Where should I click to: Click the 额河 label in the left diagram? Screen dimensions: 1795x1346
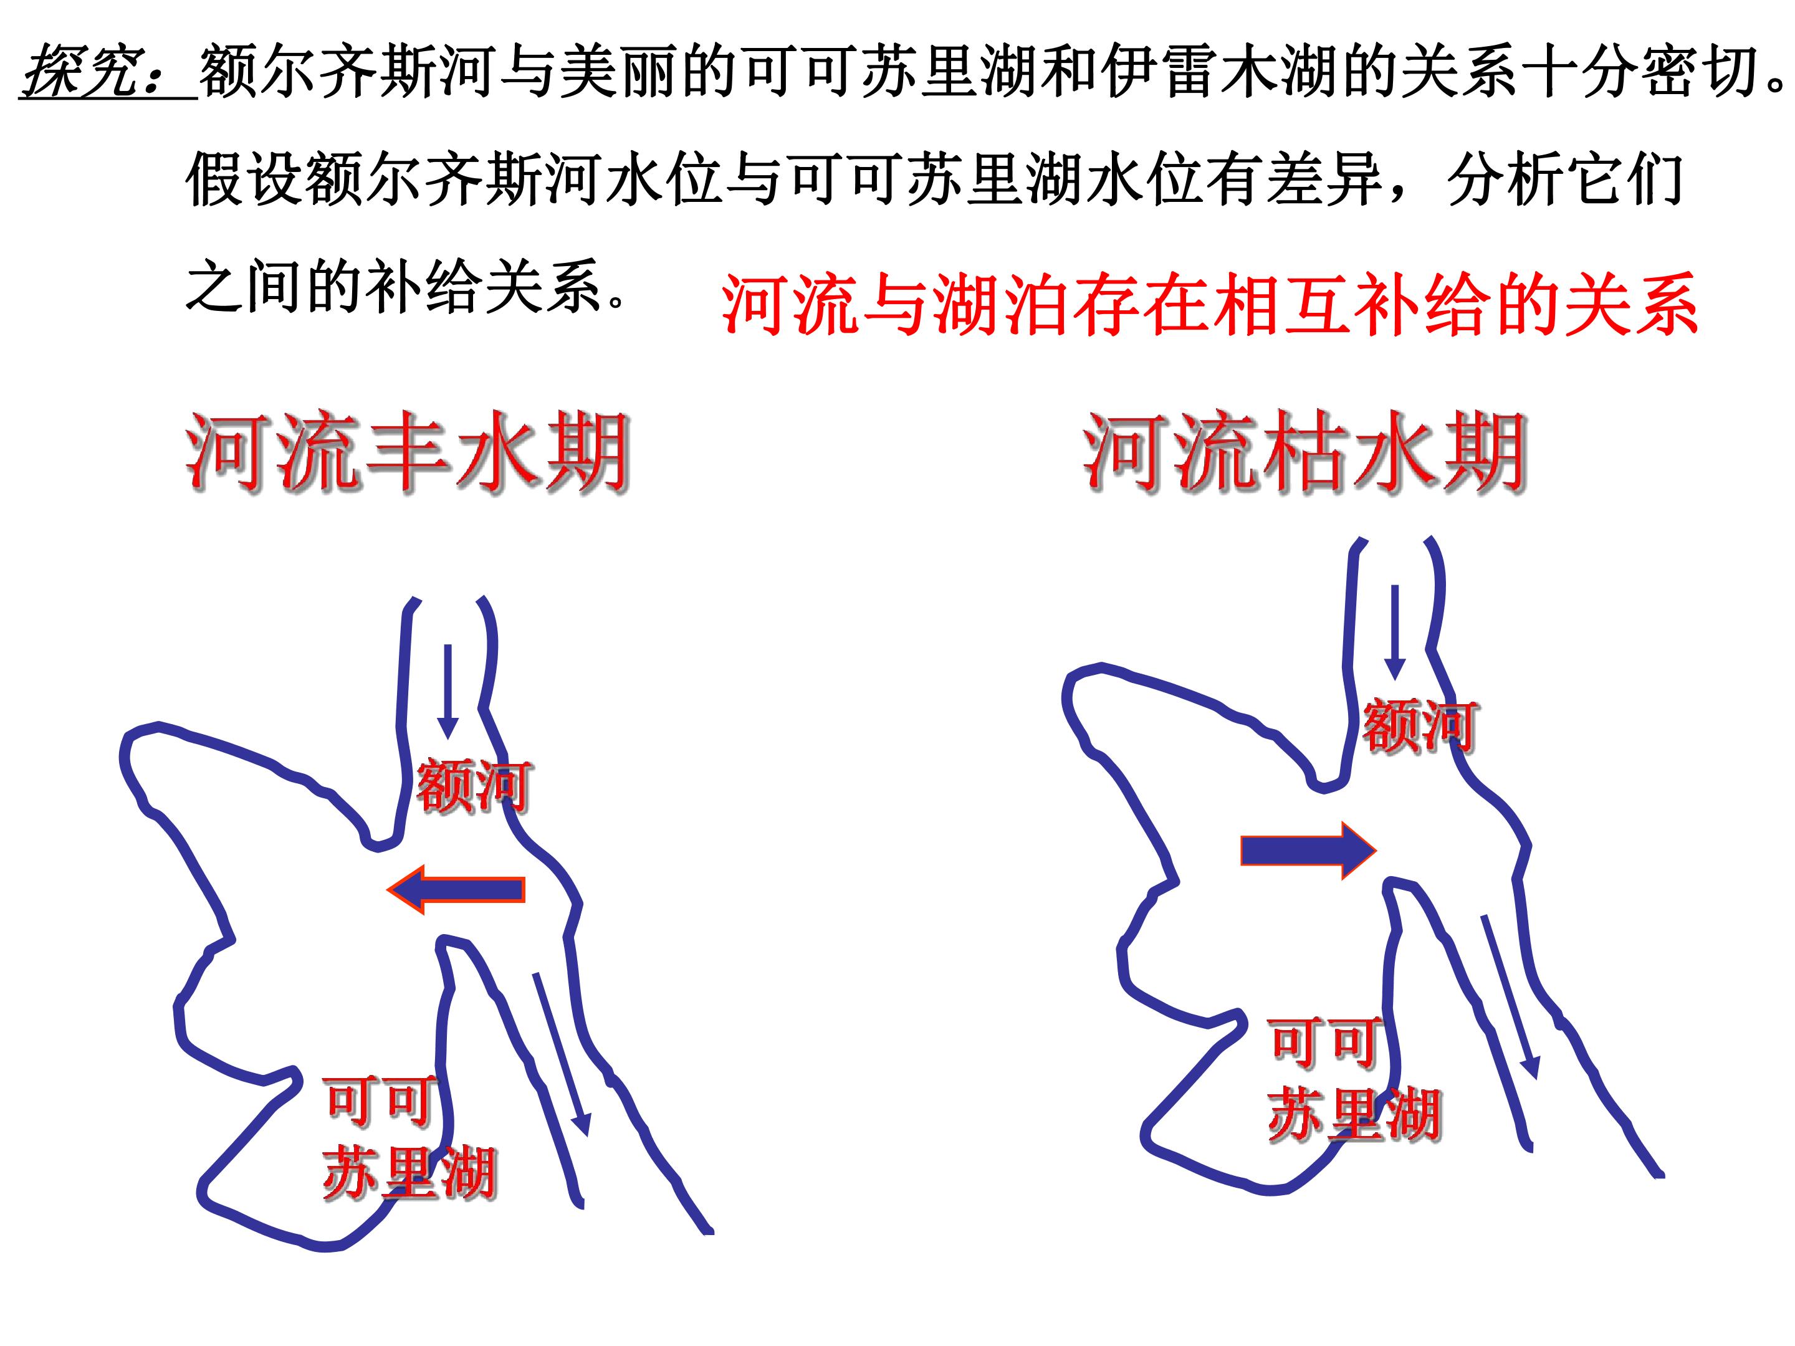tap(474, 785)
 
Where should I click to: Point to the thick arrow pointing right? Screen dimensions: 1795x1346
tap(1308, 850)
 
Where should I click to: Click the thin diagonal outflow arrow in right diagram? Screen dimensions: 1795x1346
tap(1510, 996)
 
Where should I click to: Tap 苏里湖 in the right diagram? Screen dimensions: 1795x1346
tap(1354, 1114)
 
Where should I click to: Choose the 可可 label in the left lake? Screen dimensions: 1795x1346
tap(379, 1102)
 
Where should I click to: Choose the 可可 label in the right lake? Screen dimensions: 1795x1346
tap(1324, 1043)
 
